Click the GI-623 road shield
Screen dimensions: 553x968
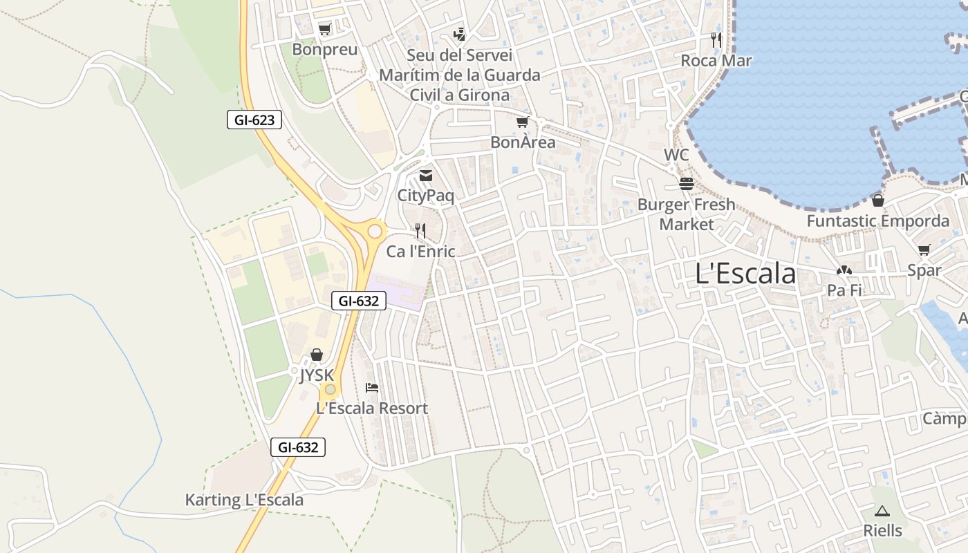click(254, 120)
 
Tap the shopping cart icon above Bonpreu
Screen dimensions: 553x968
click(324, 29)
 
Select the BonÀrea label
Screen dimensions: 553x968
click(523, 142)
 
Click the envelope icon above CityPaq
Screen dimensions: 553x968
click(426, 176)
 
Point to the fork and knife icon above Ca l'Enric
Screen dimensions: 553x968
click(420, 230)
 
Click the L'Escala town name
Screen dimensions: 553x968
click(745, 274)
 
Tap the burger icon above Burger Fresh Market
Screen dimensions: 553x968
click(687, 184)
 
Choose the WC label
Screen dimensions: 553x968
click(676, 155)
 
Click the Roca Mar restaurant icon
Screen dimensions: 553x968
click(716, 40)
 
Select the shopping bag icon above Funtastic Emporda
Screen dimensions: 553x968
click(877, 200)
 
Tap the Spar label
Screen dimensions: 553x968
click(924, 270)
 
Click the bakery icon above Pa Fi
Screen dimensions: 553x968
click(844, 270)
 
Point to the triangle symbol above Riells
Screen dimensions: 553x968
click(881, 512)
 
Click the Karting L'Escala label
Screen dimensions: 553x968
click(244, 500)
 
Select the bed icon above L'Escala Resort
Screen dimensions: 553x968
click(372, 388)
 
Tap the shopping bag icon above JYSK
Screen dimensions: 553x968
click(317, 355)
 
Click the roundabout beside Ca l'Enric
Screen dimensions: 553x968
click(375, 230)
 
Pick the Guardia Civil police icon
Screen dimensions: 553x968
click(459, 34)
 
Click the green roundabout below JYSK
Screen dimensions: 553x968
click(331, 389)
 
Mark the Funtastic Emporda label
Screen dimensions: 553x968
click(877, 221)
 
